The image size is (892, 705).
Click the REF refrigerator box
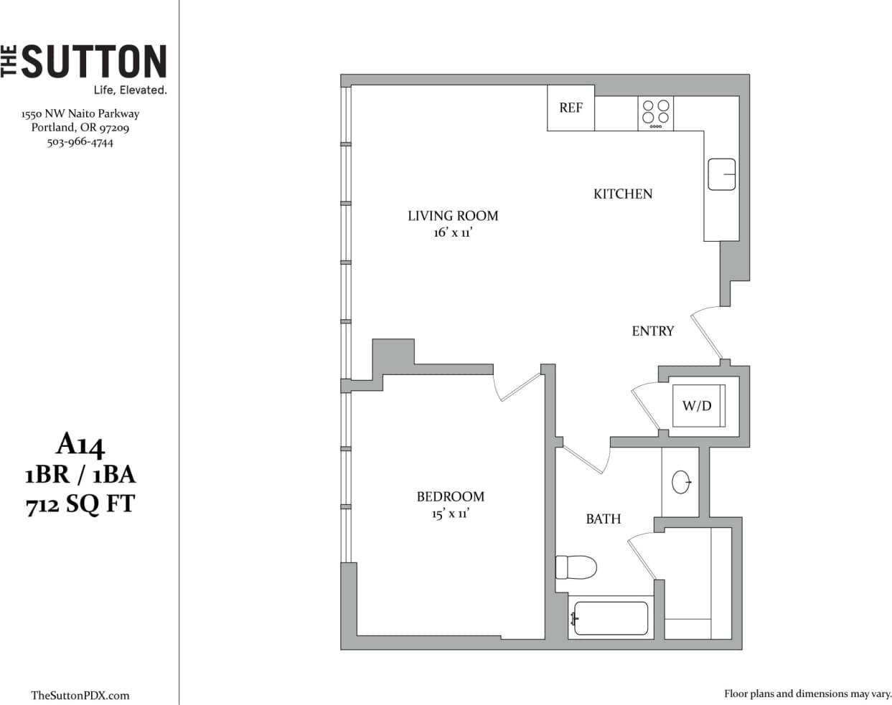pyautogui.click(x=571, y=108)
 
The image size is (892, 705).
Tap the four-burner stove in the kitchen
pyautogui.click(x=656, y=113)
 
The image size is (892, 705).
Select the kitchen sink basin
pyautogui.click(x=721, y=174)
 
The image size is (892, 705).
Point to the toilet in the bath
pyautogui.click(x=576, y=568)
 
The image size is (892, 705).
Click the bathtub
pyautogui.click(x=611, y=618)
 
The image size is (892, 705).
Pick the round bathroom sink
pyautogui.click(x=681, y=482)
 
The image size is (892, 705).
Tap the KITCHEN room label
pyautogui.click(x=623, y=194)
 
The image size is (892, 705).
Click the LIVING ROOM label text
pyautogui.click(x=453, y=216)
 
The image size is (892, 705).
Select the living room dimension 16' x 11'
pyautogui.click(x=453, y=232)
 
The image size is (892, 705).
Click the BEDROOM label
pyautogui.click(x=451, y=496)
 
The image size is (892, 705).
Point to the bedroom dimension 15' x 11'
pyautogui.click(x=451, y=514)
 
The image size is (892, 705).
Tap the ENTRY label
pyautogui.click(x=653, y=331)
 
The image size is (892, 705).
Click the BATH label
pyautogui.click(x=604, y=519)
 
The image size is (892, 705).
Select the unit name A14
pyautogui.click(x=80, y=445)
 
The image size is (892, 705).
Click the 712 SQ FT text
pyautogui.click(x=80, y=504)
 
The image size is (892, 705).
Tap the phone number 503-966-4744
pyautogui.click(x=80, y=142)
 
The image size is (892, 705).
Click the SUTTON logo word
pyautogui.click(x=94, y=62)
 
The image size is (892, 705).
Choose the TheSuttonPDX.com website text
pyautogui.click(x=80, y=695)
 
